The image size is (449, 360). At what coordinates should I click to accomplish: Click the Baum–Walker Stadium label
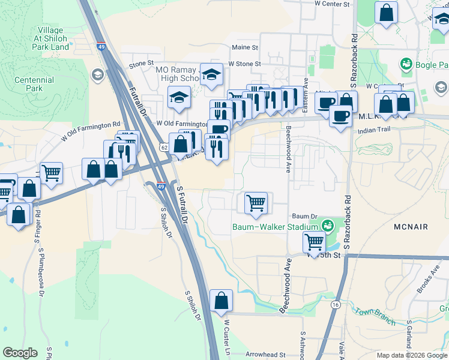tap(275, 227)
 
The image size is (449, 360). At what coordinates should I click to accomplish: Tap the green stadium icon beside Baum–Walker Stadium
tap(327, 226)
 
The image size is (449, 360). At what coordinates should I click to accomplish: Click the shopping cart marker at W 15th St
tap(315, 242)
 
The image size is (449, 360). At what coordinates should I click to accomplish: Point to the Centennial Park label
tap(29, 84)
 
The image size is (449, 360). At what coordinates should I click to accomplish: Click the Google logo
tap(20, 353)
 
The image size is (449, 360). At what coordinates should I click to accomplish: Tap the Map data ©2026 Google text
tap(411, 355)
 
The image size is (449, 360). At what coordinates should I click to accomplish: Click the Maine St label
tap(244, 47)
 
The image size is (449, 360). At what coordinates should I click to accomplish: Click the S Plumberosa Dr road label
tap(41, 270)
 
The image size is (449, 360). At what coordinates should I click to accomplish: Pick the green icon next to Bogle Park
tap(406, 63)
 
